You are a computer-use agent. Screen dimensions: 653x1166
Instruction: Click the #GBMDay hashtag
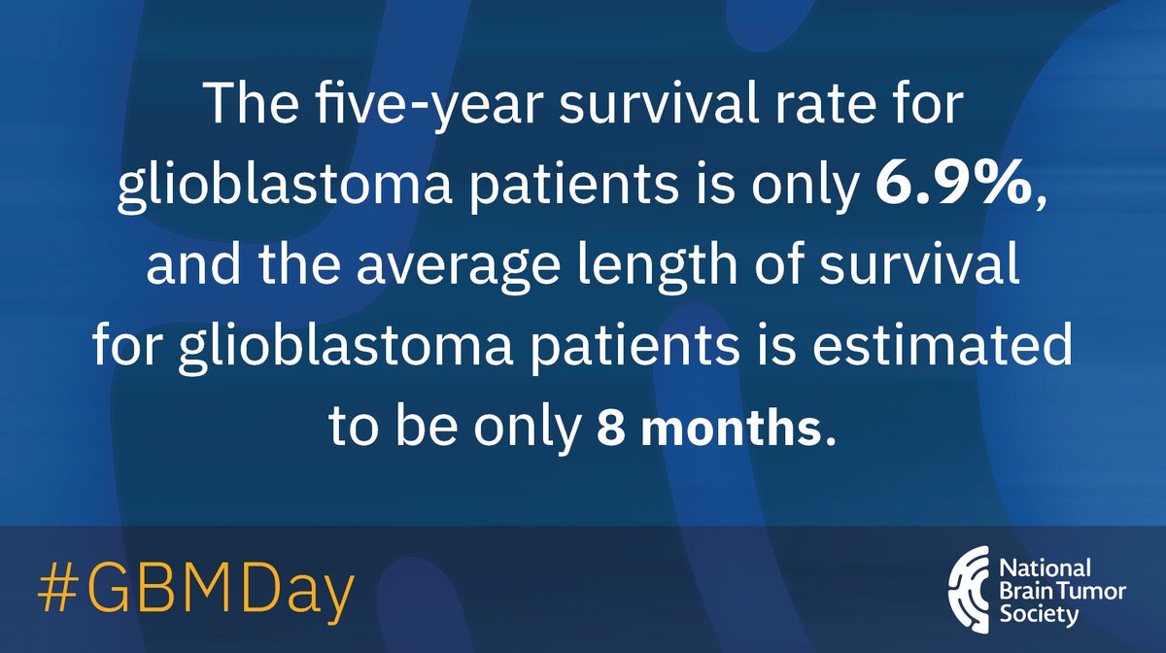pyautogui.click(x=195, y=588)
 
